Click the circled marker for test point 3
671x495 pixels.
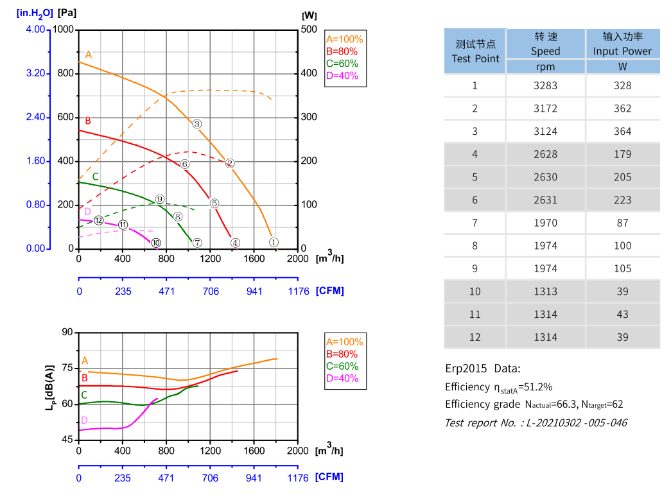coord(197,124)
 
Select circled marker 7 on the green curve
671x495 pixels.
coord(197,243)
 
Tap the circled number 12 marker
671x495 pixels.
coord(98,220)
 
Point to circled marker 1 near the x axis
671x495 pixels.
coord(274,242)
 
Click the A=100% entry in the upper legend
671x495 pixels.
coord(344,39)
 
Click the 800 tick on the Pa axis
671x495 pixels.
coord(65,74)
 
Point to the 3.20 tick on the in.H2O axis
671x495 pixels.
coord(36,74)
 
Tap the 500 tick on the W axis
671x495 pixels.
coord(309,30)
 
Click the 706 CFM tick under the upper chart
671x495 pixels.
coord(211,291)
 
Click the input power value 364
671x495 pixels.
coord(622,132)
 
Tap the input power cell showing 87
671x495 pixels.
coord(622,223)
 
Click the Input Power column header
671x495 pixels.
coord(622,44)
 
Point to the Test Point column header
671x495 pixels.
coord(475,51)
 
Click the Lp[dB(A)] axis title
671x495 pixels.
coord(49,387)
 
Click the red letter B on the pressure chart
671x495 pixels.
coord(88,121)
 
